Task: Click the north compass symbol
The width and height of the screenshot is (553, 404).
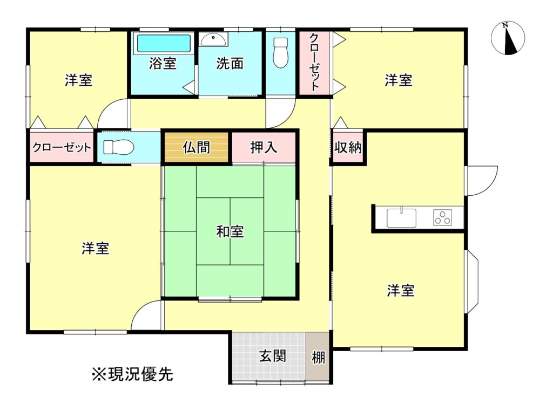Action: click(x=508, y=38)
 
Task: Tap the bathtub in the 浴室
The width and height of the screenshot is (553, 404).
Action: click(x=163, y=44)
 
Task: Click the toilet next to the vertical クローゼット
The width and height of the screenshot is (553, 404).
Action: click(x=281, y=53)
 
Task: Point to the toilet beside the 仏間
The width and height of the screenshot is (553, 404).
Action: click(x=118, y=147)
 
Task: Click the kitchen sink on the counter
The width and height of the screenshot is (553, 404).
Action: click(x=401, y=218)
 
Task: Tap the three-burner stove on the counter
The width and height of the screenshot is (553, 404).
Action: click(x=443, y=217)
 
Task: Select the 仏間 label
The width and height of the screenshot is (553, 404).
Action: click(x=197, y=147)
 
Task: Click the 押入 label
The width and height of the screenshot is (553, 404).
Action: click(x=264, y=147)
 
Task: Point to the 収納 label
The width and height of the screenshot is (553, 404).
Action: click(x=348, y=147)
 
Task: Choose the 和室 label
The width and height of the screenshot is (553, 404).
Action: click(x=230, y=232)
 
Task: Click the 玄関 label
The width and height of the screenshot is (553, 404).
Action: click(x=272, y=357)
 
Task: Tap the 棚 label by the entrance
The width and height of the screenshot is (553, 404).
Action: click(x=318, y=358)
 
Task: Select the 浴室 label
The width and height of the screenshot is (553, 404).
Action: click(x=163, y=64)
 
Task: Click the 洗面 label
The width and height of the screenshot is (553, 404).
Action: click(x=230, y=64)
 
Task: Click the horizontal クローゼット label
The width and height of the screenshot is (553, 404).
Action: click(x=62, y=147)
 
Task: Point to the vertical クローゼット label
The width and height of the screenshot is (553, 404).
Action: click(x=314, y=62)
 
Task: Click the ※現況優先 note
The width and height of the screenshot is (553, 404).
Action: click(x=133, y=374)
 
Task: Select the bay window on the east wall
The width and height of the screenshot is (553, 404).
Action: click(x=473, y=282)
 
